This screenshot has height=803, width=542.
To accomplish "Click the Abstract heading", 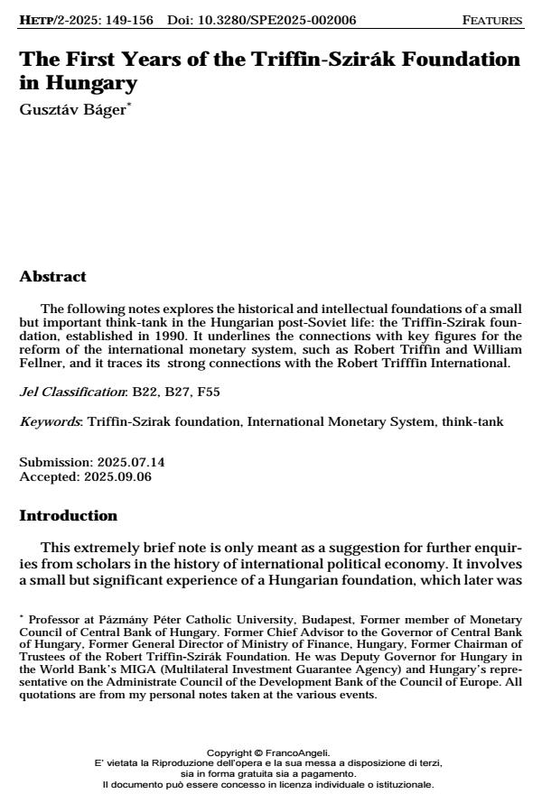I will [52, 277].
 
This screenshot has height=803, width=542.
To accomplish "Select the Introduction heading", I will [69, 516].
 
